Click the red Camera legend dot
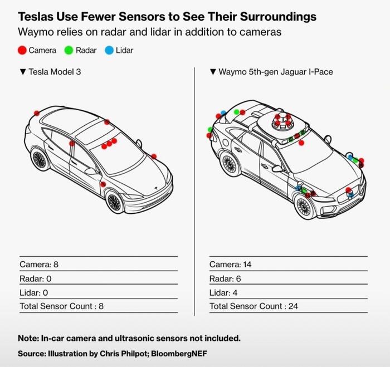(x=22, y=50)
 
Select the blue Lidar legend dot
(x=109, y=50)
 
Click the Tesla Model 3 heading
(x=53, y=72)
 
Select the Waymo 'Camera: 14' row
(x=231, y=265)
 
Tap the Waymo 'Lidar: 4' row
(x=227, y=292)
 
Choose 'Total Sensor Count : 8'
(x=62, y=306)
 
